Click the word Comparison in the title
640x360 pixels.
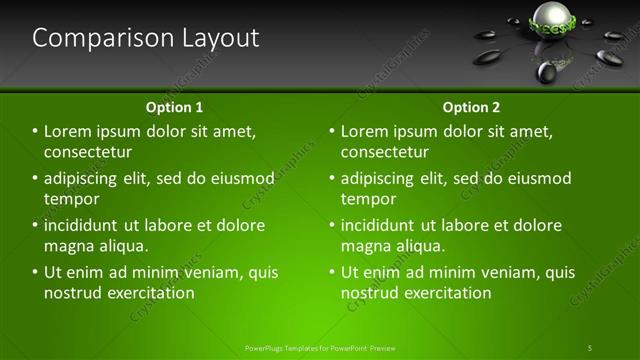pyautogui.click(x=89, y=39)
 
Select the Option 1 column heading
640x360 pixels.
pyautogui.click(x=174, y=107)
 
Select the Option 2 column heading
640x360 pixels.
pyautogui.click(x=471, y=107)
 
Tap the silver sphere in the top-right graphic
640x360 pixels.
pyautogui.click(x=550, y=17)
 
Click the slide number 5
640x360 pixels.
pyautogui.click(x=590, y=347)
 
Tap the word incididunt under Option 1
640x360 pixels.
pyautogui.click(x=86, y=225)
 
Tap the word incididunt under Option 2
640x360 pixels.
pyautogui.click(x=383, y=225)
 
